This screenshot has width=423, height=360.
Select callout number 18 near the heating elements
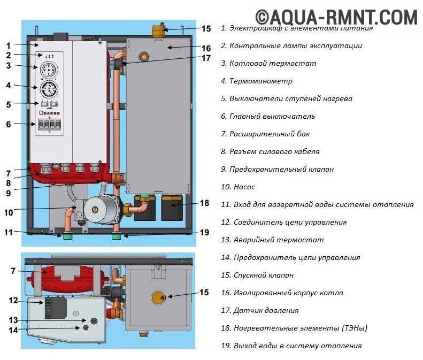click(205, 203)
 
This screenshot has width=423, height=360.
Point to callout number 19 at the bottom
click(205, 232)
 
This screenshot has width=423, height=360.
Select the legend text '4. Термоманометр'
click(257, 81)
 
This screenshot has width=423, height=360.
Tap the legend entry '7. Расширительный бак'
click(265, 134)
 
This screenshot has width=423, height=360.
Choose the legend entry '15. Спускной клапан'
click(264, 275)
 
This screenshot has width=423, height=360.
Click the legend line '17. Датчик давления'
click(259, 310)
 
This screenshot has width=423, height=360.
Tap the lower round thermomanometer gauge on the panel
click(47, 90)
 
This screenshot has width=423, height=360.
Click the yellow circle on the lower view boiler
click(159, 296)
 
